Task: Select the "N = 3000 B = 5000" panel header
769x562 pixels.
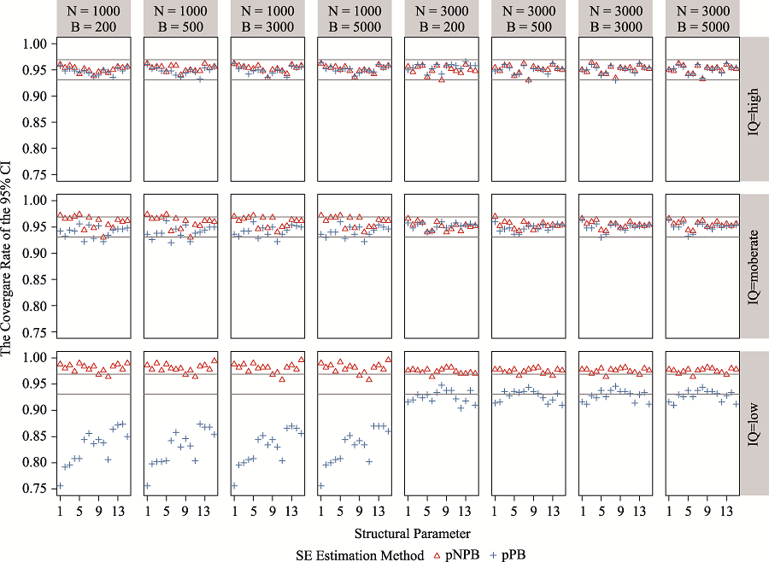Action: (701, 19)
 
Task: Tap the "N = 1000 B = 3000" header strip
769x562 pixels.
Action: (267, 19)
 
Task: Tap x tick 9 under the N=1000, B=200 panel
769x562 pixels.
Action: (98, 511)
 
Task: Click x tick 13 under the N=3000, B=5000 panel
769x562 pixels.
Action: (725, 511)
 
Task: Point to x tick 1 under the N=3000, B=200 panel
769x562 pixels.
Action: (408, 511)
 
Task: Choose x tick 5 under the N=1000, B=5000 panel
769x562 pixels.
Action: (339, 511)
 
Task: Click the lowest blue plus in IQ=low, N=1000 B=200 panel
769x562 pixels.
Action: (60, 486)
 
